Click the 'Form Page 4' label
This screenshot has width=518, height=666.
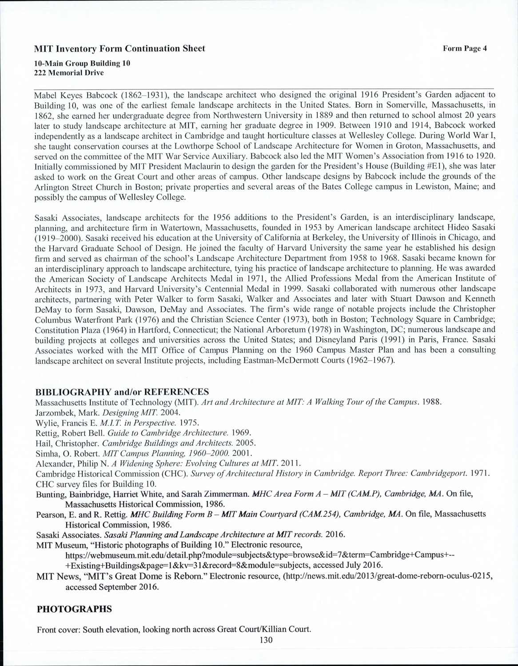(x=465, y=49)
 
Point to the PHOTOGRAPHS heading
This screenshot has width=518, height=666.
(x=74, y=609)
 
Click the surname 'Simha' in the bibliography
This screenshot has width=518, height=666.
(x=45, y=453)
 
